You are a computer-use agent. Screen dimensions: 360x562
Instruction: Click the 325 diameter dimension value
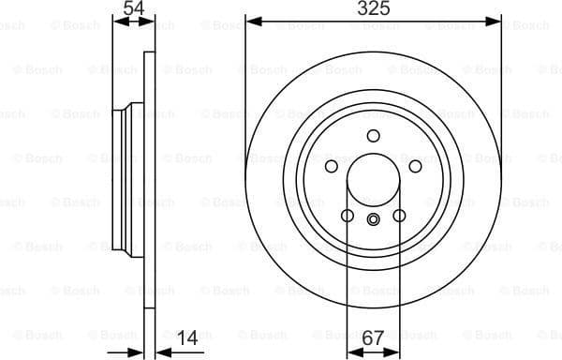coord(373,9)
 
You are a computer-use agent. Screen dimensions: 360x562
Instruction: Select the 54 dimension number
coord(134,9)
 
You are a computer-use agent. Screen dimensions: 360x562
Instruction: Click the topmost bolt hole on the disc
coord(373,136)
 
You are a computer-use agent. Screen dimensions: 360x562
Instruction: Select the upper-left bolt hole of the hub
coord(331,166)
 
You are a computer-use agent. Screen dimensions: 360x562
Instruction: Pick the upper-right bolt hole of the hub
coord(415,166)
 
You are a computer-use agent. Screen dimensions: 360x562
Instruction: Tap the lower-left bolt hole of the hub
coord(347,216)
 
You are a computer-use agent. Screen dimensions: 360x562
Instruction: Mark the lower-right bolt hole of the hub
coord(399,216)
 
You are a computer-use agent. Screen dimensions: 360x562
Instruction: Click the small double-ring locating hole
coord(373,220)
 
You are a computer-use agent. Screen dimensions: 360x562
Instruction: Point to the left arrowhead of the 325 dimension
coord(251,20)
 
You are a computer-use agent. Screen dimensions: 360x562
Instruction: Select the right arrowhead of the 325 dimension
coord(495,20)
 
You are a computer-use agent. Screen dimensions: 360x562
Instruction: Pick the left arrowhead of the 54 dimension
coord(117,20)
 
